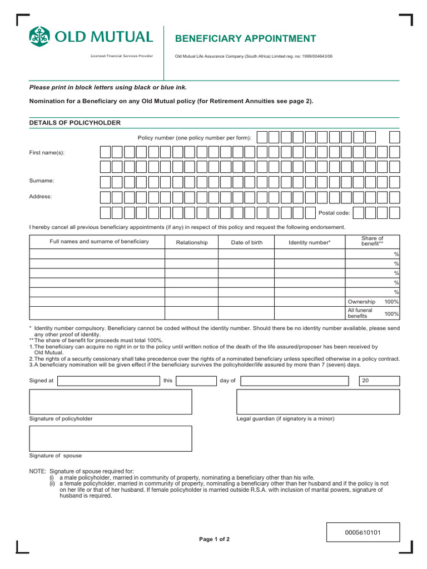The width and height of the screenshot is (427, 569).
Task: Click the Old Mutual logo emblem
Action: coord(39,37)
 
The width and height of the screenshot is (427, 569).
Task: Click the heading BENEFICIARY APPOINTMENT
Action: coord(245,38)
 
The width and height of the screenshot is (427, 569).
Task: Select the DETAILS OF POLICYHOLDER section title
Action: coord(75,122)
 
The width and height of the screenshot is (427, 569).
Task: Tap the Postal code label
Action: coord(334,213)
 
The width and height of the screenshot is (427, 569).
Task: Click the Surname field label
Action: coord(41,181)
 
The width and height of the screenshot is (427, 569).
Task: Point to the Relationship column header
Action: coord(192,242)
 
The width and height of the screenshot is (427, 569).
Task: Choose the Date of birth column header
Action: coord(247,242)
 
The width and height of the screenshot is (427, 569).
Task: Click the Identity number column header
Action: coord(309,242)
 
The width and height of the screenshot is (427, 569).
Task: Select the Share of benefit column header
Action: coord(372,241)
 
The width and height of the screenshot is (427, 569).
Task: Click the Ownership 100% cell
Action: coord(373,301)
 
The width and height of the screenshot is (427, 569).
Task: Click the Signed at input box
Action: coord(108,381)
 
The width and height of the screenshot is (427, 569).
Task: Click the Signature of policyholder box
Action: coord(110,401)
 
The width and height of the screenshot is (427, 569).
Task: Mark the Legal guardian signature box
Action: coord(318,401)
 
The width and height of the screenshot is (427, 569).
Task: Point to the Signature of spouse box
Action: coord(110,438)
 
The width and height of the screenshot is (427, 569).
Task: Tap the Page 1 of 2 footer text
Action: coord(214,540)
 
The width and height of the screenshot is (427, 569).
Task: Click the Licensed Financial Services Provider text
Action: coord(122,56)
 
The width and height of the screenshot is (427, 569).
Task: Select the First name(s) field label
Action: coord(47,152)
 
